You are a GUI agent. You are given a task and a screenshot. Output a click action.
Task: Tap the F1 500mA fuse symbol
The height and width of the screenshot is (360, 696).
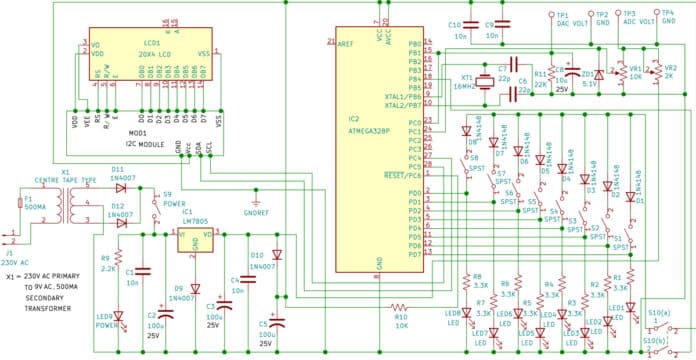click(x=21, y=204)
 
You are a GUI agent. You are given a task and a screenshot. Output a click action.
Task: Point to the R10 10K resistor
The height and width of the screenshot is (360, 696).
click(x=400, y=306)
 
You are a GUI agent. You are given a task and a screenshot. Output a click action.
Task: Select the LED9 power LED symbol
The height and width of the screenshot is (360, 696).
click(x=118, y=317)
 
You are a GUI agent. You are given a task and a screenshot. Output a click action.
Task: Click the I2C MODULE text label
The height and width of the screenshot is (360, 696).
click(x=144, y=140)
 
